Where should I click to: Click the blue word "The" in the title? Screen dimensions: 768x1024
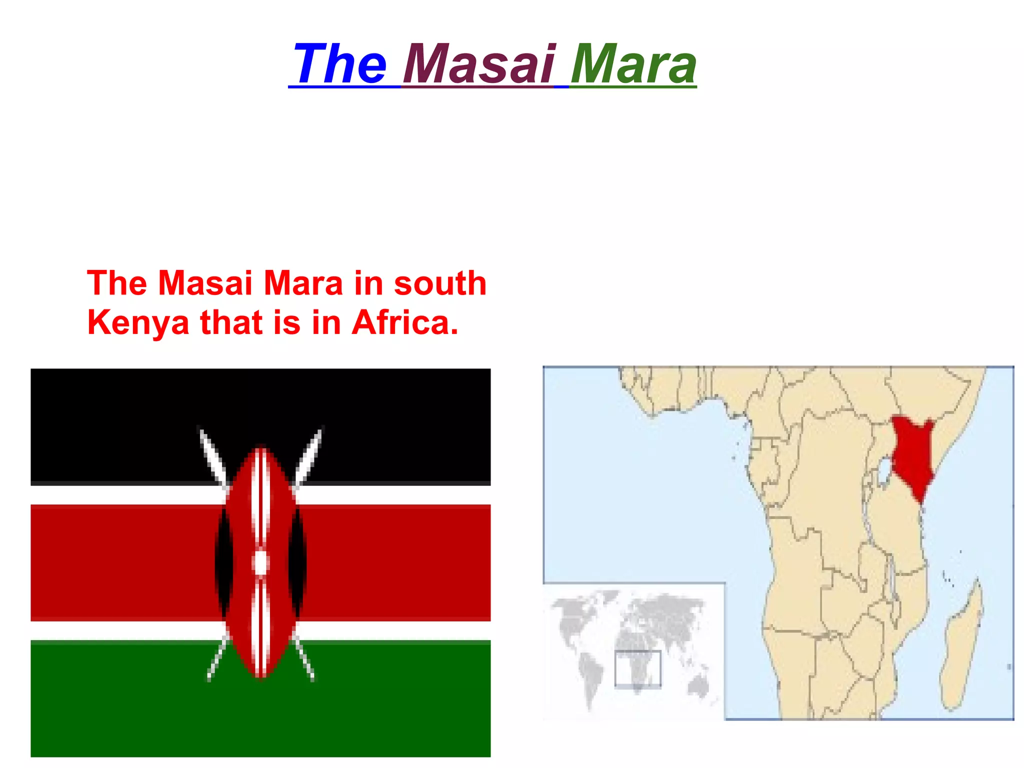click(x=340, y=64)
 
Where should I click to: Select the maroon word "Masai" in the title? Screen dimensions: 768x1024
click(x=479, y=64)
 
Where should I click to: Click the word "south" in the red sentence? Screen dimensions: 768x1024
click(x=440, y=283)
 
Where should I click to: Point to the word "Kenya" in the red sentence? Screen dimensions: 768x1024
click(x=138, y=323)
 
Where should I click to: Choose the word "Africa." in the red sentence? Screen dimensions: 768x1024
click(x=405, y=323)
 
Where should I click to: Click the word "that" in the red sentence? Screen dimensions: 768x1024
click(x=231, y=323)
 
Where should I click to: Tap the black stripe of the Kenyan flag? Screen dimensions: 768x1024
click(x=110, y=425)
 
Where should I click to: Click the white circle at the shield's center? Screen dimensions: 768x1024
click(x=260, y=563)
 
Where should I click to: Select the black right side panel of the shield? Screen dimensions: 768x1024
click(x=298, y=562)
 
